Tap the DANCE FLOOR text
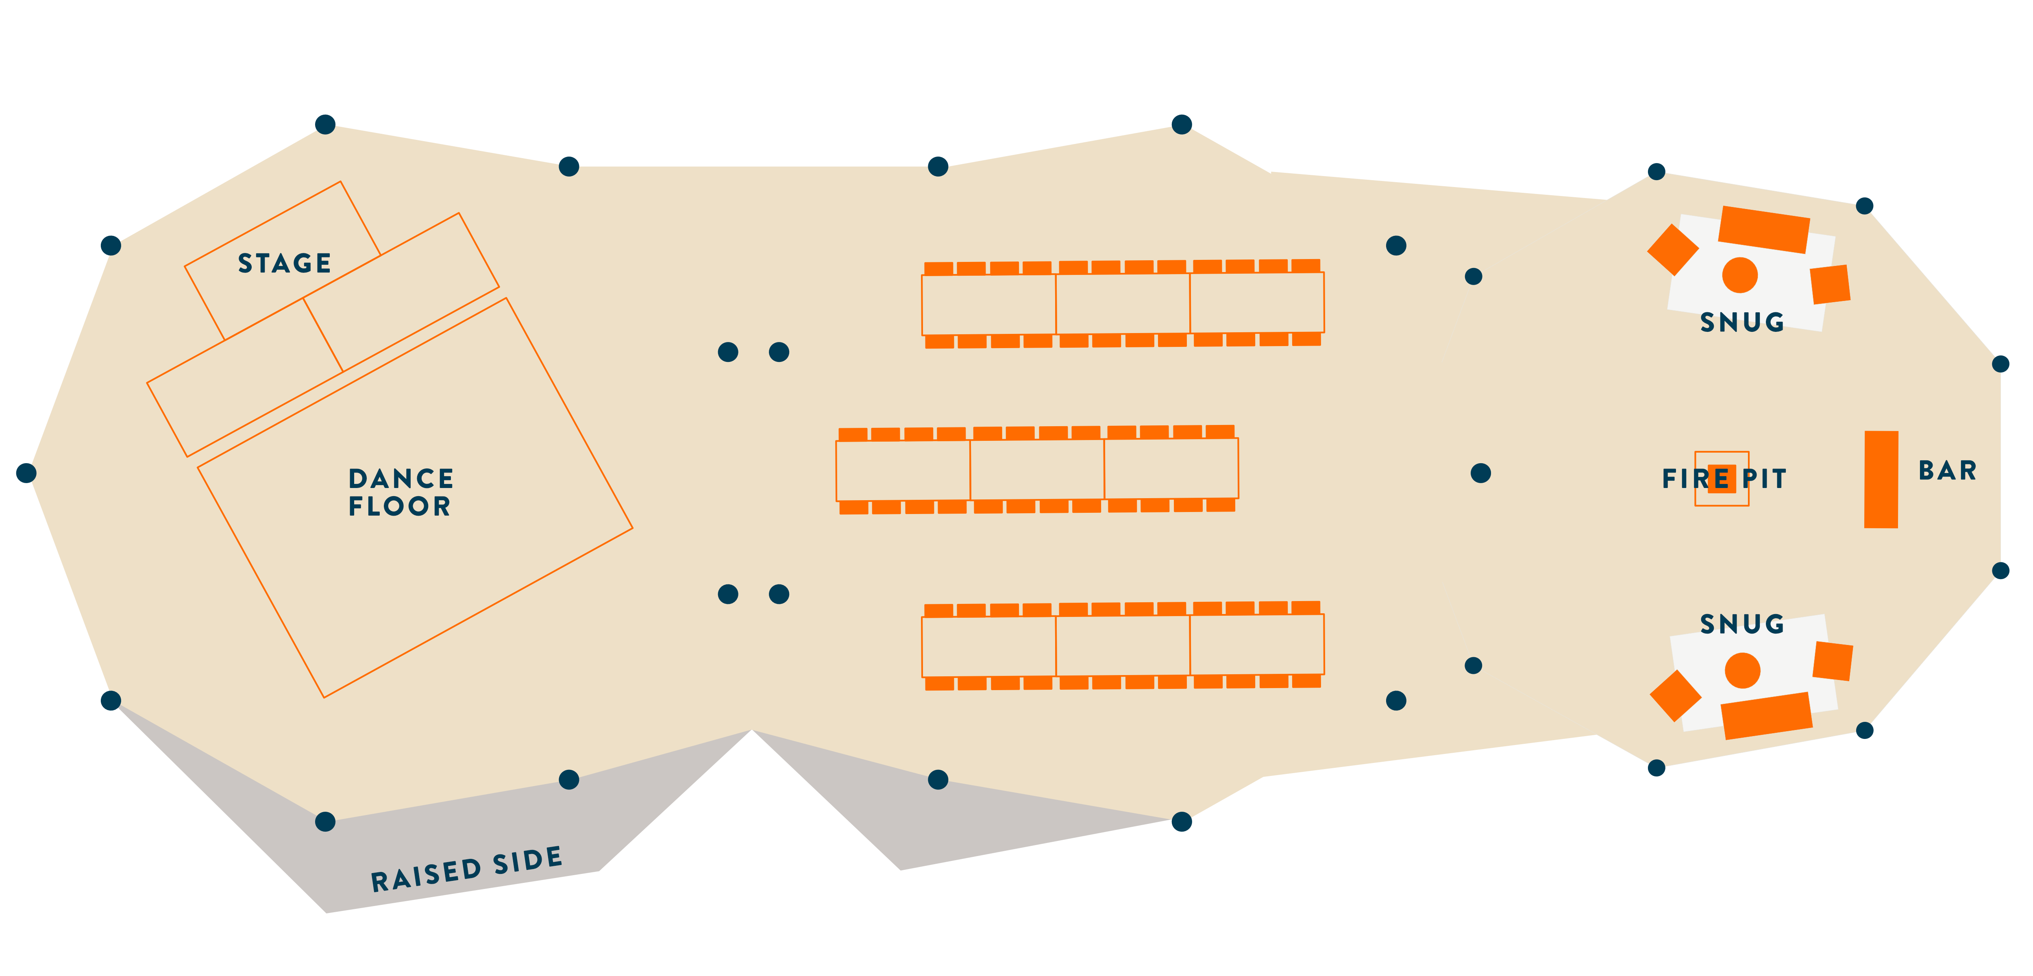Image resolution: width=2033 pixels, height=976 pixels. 401,492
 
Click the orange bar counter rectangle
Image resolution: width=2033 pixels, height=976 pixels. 1881,479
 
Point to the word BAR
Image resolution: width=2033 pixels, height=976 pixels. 1947,471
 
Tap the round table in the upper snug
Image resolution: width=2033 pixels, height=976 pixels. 1739,275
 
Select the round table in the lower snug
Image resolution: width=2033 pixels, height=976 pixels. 1743,671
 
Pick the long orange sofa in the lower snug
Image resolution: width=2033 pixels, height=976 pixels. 1766,715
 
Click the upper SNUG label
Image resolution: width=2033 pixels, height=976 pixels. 1742,322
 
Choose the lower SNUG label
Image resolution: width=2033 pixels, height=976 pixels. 1742,624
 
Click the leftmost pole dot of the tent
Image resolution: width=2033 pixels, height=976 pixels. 26,473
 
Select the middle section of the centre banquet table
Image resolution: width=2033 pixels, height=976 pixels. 1037,470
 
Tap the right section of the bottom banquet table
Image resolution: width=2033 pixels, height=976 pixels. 1256,645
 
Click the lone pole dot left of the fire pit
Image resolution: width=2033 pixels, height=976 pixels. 1480,473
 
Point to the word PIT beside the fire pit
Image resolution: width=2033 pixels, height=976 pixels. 1764,479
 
